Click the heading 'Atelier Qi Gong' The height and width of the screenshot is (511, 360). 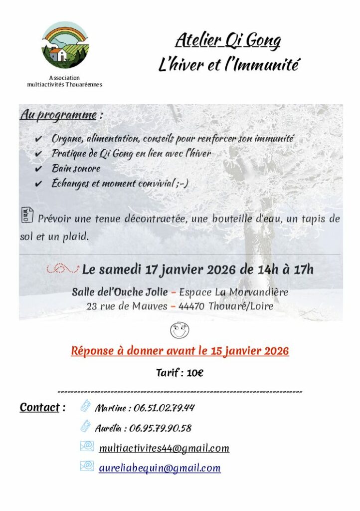click(227, 40)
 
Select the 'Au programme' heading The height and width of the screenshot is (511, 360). click(58, 115)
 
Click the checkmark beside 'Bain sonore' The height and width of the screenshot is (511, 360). click(39, 170)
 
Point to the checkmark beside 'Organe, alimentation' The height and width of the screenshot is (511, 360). click(39, 139)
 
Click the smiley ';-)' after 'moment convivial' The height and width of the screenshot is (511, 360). click(182, 184)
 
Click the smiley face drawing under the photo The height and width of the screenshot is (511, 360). click(180, 330)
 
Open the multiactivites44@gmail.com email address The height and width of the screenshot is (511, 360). click(164, 448)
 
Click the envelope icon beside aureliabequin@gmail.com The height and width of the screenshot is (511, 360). click(87, 467)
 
